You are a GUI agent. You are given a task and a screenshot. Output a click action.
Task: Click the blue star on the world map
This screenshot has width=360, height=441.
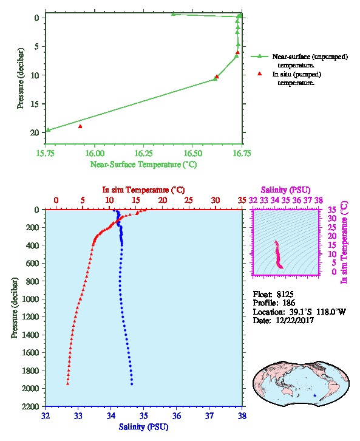click(x=314, y=395)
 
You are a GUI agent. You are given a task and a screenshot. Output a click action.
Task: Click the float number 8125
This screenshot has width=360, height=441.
click(x=285, y=294)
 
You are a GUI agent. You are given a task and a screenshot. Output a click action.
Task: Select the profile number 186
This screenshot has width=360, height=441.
click(x=288, y=303)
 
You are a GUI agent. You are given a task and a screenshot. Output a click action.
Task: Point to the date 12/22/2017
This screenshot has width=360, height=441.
click(x=294, y=320)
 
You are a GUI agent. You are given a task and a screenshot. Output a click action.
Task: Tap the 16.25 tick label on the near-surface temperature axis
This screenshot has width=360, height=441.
click(x=143, y=153)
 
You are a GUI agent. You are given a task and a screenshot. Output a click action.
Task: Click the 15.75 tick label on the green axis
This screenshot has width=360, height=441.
click(x=46, y=153)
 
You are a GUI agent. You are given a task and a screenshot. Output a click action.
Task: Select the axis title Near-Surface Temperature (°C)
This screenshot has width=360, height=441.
click(x=143, y=164)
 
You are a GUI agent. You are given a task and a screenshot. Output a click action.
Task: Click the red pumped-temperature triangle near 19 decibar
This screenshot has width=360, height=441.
click(x=80, y=126)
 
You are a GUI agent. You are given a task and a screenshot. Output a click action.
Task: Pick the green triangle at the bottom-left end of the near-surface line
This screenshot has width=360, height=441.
click(x=49, y=129)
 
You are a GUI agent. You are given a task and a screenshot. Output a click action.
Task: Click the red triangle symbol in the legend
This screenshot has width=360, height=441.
click(x=260, y=73)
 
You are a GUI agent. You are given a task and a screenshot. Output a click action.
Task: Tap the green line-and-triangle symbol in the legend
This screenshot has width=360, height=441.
click(x=260, y=56)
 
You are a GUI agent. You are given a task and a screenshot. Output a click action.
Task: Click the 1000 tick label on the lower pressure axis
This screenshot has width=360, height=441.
click(x=31, y=299)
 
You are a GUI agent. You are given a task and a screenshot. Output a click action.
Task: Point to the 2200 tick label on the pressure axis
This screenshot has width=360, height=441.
click(x=31, y=406)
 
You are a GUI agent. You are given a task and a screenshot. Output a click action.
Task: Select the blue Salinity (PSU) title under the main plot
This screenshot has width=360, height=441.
click(x=144, y=427)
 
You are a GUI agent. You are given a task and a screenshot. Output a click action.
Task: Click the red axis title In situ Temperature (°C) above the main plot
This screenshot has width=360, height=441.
click(x=143, y=190)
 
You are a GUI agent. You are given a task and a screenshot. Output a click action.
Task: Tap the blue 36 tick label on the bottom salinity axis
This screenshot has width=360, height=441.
click(x=177, y=415)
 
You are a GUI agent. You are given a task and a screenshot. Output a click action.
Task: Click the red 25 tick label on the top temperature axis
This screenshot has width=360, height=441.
click(x=189, y=200)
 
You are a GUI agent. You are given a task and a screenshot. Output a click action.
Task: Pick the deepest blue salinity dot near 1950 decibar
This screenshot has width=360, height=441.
click(x=132, y=384)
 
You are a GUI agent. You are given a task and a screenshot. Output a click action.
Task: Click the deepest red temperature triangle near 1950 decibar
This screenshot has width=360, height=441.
click(x=68, y=384)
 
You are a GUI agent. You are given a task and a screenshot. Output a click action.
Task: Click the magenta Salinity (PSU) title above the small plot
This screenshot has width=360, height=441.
click(x=285, y=190)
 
